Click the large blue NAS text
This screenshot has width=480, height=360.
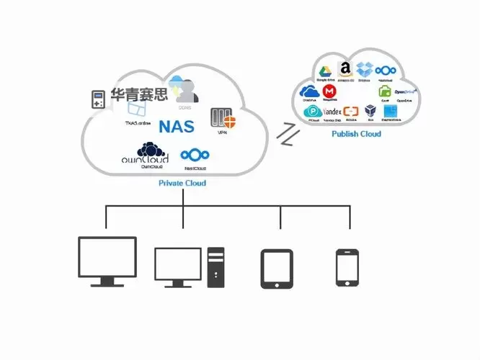tap(177, 127)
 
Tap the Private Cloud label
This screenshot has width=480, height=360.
tap(182, 184)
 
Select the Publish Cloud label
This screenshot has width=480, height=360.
tap(356, 134)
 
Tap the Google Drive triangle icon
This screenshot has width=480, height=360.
tap(325, 71)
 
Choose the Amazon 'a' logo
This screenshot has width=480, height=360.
tap(345, 69)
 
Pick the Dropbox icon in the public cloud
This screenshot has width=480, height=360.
tap(365, 70)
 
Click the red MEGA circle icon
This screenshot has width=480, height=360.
tap(329, 91)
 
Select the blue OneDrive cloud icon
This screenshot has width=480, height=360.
tap(309, 91)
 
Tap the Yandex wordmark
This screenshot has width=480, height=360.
tap(332, 112)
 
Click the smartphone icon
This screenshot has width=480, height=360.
tap(347, 269)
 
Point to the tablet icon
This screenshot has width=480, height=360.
tap(277, 269)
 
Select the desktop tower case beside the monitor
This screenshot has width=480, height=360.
tap(216, 267)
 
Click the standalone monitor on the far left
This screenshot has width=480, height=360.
tap(107, 260)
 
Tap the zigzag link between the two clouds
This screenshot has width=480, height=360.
tap(288, 135)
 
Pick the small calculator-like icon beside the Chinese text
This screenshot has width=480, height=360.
tap(97, 99)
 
